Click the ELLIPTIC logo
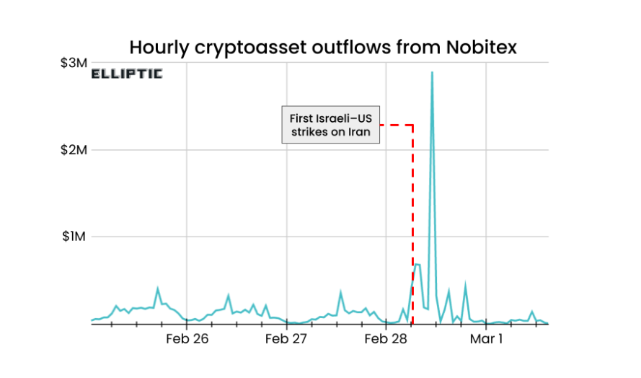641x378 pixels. pos(127,74)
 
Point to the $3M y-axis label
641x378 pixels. pos(74,63)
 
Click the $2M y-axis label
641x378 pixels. pos(74,150)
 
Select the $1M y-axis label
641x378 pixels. pos(74,237)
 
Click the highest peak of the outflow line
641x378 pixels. pos(432,73)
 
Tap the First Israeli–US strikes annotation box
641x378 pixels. pos(330,125)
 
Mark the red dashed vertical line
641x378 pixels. pos(412,216)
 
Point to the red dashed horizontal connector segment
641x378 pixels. pos(396,125)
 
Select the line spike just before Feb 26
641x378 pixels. pos(158,289)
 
